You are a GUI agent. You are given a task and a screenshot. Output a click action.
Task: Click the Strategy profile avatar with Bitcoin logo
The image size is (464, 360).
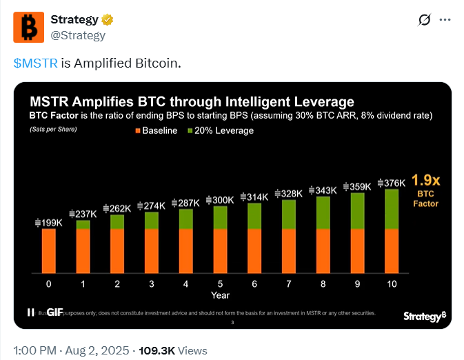[29, 27]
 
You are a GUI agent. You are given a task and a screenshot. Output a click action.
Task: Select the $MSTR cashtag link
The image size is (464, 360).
[35, 63]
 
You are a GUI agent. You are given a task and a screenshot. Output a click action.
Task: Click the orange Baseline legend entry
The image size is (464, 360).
[157, 130]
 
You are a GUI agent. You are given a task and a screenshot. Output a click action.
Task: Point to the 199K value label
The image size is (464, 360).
[49, 222]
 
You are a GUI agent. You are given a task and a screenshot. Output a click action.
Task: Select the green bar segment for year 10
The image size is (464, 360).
[391, 209]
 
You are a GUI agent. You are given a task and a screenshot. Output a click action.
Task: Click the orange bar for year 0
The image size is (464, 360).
[48, 250]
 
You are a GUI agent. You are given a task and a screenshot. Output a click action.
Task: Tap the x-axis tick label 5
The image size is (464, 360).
[220, 283]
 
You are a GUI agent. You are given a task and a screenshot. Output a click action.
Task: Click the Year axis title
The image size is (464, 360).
[220, 295]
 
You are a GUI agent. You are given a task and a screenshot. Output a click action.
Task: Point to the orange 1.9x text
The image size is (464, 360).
[425, 181]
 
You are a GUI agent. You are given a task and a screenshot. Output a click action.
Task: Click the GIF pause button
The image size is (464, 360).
[30, 312]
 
